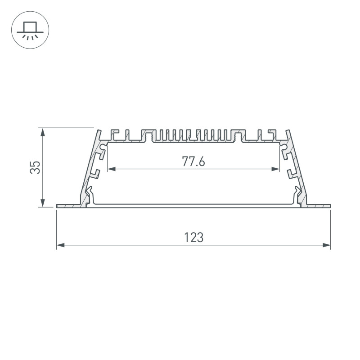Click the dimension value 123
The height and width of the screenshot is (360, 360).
tap(194, 238)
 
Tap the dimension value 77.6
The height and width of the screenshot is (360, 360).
tap(193, 161)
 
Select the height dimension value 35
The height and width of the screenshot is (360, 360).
tap(35, 167)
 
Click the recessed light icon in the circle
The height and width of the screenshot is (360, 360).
tap(30, 30)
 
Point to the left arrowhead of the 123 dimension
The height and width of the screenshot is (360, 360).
tap(60, 245)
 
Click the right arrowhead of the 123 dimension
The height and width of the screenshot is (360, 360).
tap(327, 245)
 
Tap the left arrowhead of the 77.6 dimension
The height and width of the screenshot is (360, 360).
tap(112, 169)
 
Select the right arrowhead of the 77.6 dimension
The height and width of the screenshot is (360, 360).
tap(275, 169)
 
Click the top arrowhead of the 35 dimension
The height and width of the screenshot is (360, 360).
tap(42, 132)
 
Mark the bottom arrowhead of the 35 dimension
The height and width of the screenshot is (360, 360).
tap(42, 203)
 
